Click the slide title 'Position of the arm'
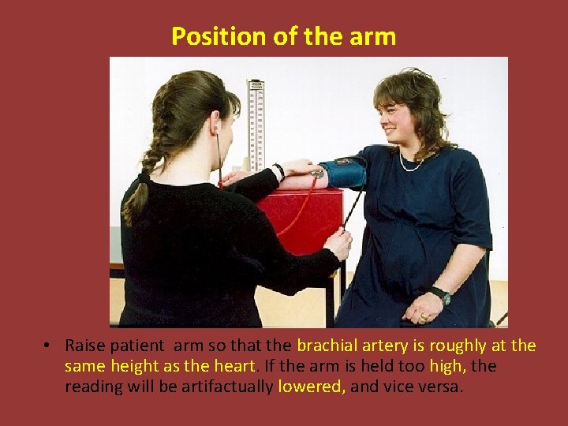pyautogui.click(x=283, y=36)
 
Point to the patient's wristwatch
pyautogui.click(x=440, y=295)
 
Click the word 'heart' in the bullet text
pyautogui.click(x=235, y=366)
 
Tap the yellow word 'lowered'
pyautogui.click(x=312, y=387)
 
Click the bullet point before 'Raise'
pyautogui.click(x=48, y=346)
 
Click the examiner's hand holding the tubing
pyautogui.click(x=338, y=242)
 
